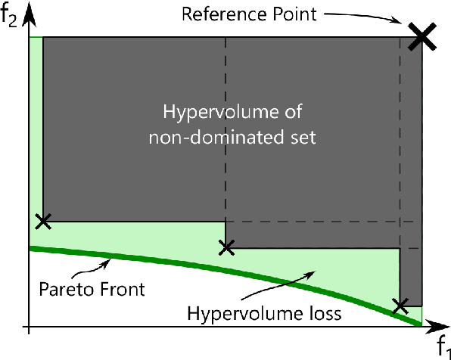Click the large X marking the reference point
click(x=421, y=36)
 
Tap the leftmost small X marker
click(x=43, y=222)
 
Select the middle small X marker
click(x=225, y=247)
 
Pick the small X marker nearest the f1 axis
click(x=401, y=306)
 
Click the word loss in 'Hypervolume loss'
click(x=300, y=312)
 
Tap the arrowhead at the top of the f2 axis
click(x=29, y=9)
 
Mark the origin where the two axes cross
click(x=29, y=327)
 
